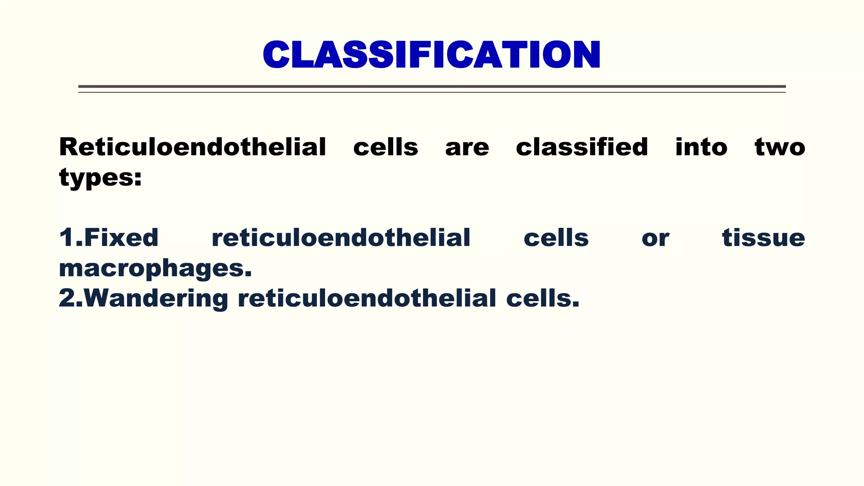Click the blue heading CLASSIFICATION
431,54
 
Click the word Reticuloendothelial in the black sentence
192,147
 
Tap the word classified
582,147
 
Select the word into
701,147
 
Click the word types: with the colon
100,178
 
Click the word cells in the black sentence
385,147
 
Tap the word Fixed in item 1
121,238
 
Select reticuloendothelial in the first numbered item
341,238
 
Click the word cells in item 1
556,238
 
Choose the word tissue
763,238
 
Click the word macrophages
155,269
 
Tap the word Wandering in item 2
156,299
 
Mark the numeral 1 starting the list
67,238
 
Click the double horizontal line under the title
431,89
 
